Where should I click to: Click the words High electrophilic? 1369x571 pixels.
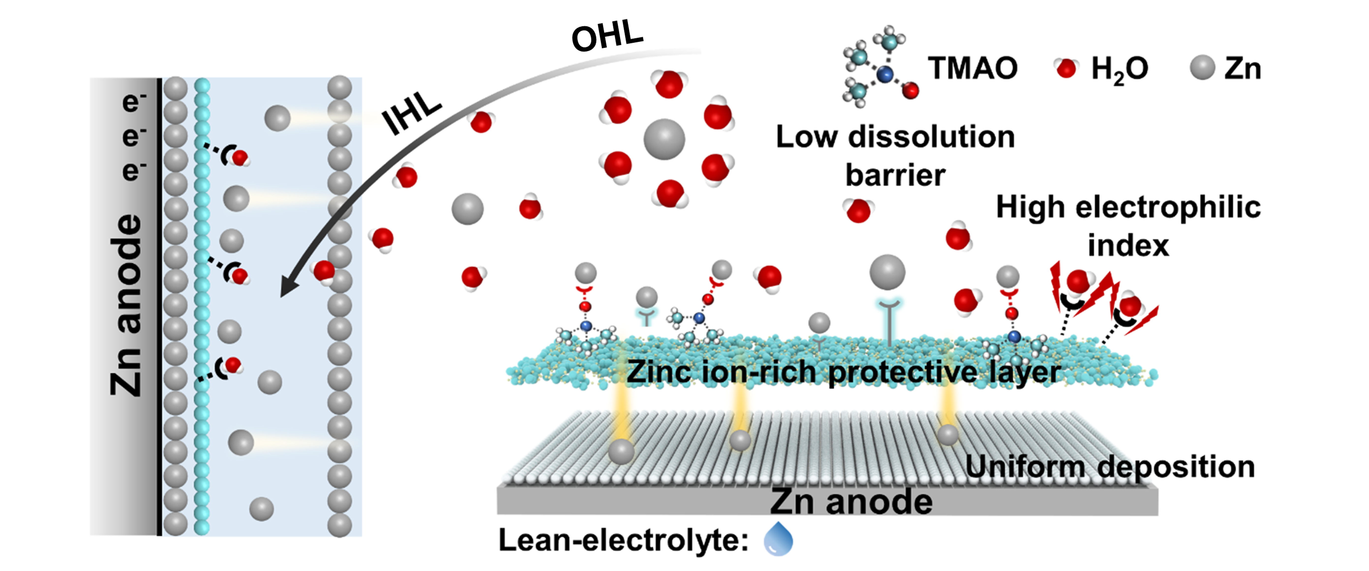pyautogui.click(x=1128, y=207)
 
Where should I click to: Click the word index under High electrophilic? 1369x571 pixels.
pyautogui.click(x=1128, y=246)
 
